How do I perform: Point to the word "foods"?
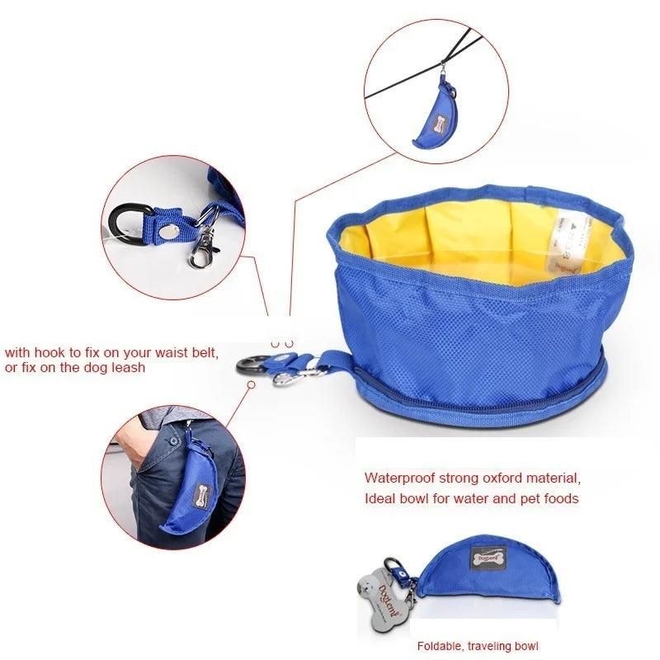(x=560, y=498)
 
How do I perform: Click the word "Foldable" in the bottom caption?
(x=439, y=645)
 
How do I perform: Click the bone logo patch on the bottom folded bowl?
(x=486, y=559)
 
